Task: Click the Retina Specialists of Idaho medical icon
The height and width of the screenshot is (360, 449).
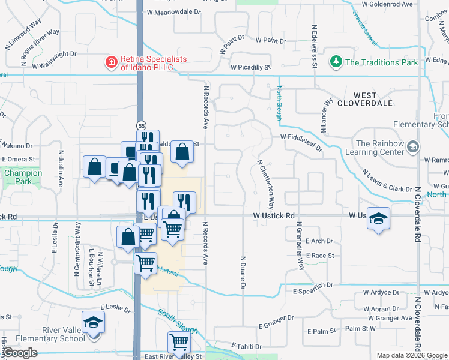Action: click(110, 62)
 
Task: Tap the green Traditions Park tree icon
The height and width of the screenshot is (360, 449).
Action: click(336, 62)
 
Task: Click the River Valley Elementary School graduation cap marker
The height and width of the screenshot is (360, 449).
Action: click(92, 323)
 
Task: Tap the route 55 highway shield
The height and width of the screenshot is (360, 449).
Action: click(141, 126)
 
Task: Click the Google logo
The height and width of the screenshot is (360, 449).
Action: click(20, 353)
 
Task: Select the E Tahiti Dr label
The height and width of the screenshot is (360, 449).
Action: click(247, 346)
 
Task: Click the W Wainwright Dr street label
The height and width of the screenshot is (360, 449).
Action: click(55, 55)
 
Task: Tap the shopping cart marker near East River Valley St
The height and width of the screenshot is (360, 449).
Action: click(179, 343)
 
